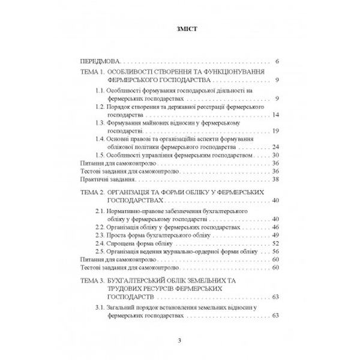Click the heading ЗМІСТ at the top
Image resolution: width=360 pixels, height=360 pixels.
(180, 28)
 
